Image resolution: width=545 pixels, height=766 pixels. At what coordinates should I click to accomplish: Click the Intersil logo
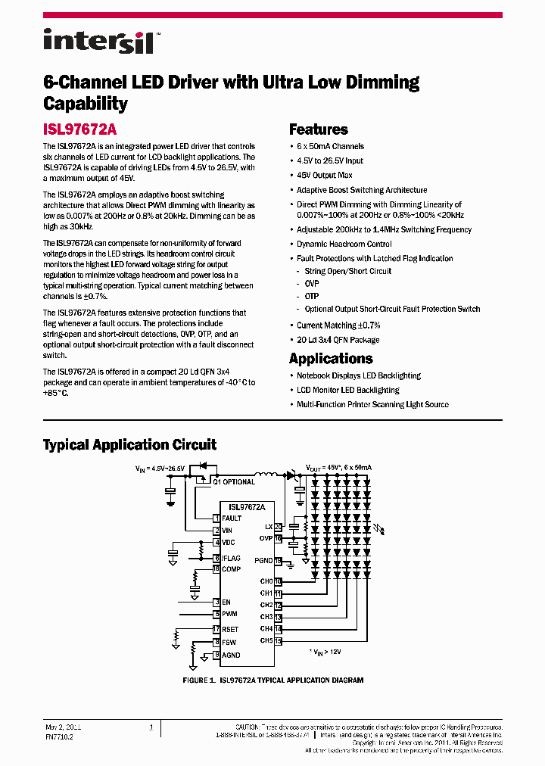pyautogui.click(x=98, y=41)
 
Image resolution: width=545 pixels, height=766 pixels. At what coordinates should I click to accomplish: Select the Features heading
pyautogui.click(x=318, y=129)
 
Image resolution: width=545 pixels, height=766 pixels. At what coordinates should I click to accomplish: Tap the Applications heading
pyautogui.click(x=331, y=359)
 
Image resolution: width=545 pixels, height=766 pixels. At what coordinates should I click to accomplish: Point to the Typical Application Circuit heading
pyautogui.click(x=129, y=445)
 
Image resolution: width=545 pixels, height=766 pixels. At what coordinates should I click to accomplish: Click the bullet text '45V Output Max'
pyautogui.click(x=324, y=175)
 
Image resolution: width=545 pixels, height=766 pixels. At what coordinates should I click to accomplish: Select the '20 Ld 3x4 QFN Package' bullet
pyautogui.click(x=338, y=340)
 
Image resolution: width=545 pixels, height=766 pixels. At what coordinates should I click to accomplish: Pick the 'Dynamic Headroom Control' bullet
pyautogui.click(x=344, y=244)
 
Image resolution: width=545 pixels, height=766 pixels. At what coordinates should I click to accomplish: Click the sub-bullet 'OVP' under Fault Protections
pyautogui.click(x=312, y=283)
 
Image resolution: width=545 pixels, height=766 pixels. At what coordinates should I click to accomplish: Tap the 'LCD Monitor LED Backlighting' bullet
pyautogui.click(x=347, y=390)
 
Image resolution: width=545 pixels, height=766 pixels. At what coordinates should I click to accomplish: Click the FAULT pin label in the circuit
pyautogui.click(x=232, y=518)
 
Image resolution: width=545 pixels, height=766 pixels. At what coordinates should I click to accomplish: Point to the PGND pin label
pyautogui.click(x=263, y=561)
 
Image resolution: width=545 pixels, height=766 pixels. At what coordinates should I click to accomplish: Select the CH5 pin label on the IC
pyautogui.click(x=266, y=641)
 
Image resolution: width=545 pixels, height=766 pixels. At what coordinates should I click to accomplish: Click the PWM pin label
pyautogui.click(x=229, y=614)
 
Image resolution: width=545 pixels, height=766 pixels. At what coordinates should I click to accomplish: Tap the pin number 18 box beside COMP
pyautogui.click(x=216, y=569)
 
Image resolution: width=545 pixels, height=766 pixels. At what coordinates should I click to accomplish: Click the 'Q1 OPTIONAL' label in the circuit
pyautogui.click(x=234, y=481)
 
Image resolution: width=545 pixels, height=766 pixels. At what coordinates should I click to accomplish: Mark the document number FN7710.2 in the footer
pyautogui.click(x=60, y=736)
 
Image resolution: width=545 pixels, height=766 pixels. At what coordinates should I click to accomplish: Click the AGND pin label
pyautogui.click(x=231, y=655)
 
